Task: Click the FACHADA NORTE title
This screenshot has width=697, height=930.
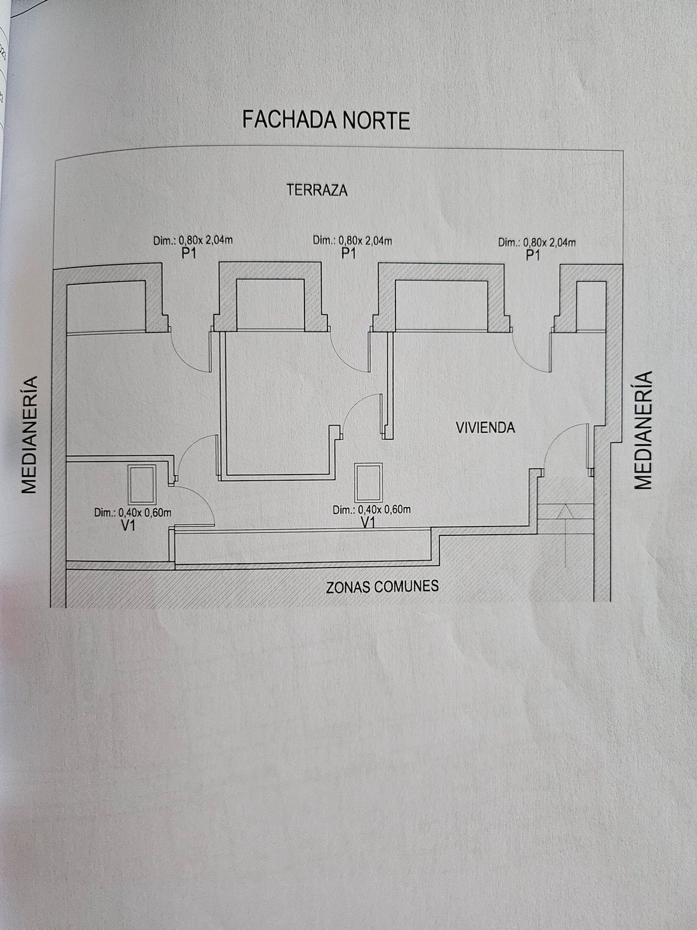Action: click(x=326, y=120)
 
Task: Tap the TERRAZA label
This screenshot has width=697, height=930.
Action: click(x=317, y=190)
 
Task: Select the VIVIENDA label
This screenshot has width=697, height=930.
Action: click(x=485, y=428)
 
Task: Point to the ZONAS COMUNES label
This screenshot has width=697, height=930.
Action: click(x=382, y=586)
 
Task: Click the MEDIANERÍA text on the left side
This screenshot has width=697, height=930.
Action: click(x=30, y=434)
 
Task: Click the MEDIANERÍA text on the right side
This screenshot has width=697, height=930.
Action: click(x=643, y=430)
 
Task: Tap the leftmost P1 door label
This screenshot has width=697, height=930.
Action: click(x=189, y=254)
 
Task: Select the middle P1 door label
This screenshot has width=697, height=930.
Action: click(x=348, y=253)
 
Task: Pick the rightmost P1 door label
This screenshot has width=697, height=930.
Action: click(x=533, y=255)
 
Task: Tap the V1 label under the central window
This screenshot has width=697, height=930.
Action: click(x=368, y=523)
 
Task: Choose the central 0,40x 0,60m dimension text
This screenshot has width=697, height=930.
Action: click(x=372, y=510)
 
